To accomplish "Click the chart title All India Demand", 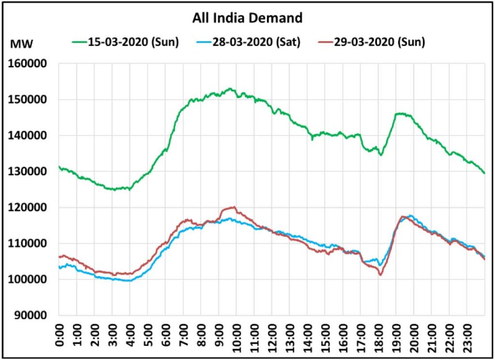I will point(247,18).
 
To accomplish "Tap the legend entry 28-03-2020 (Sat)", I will point(256,42).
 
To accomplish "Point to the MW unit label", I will point(21,45).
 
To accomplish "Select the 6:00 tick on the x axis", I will point(165,336).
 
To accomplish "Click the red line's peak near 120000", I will point(234,207).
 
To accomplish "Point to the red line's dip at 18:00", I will point(380,275).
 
